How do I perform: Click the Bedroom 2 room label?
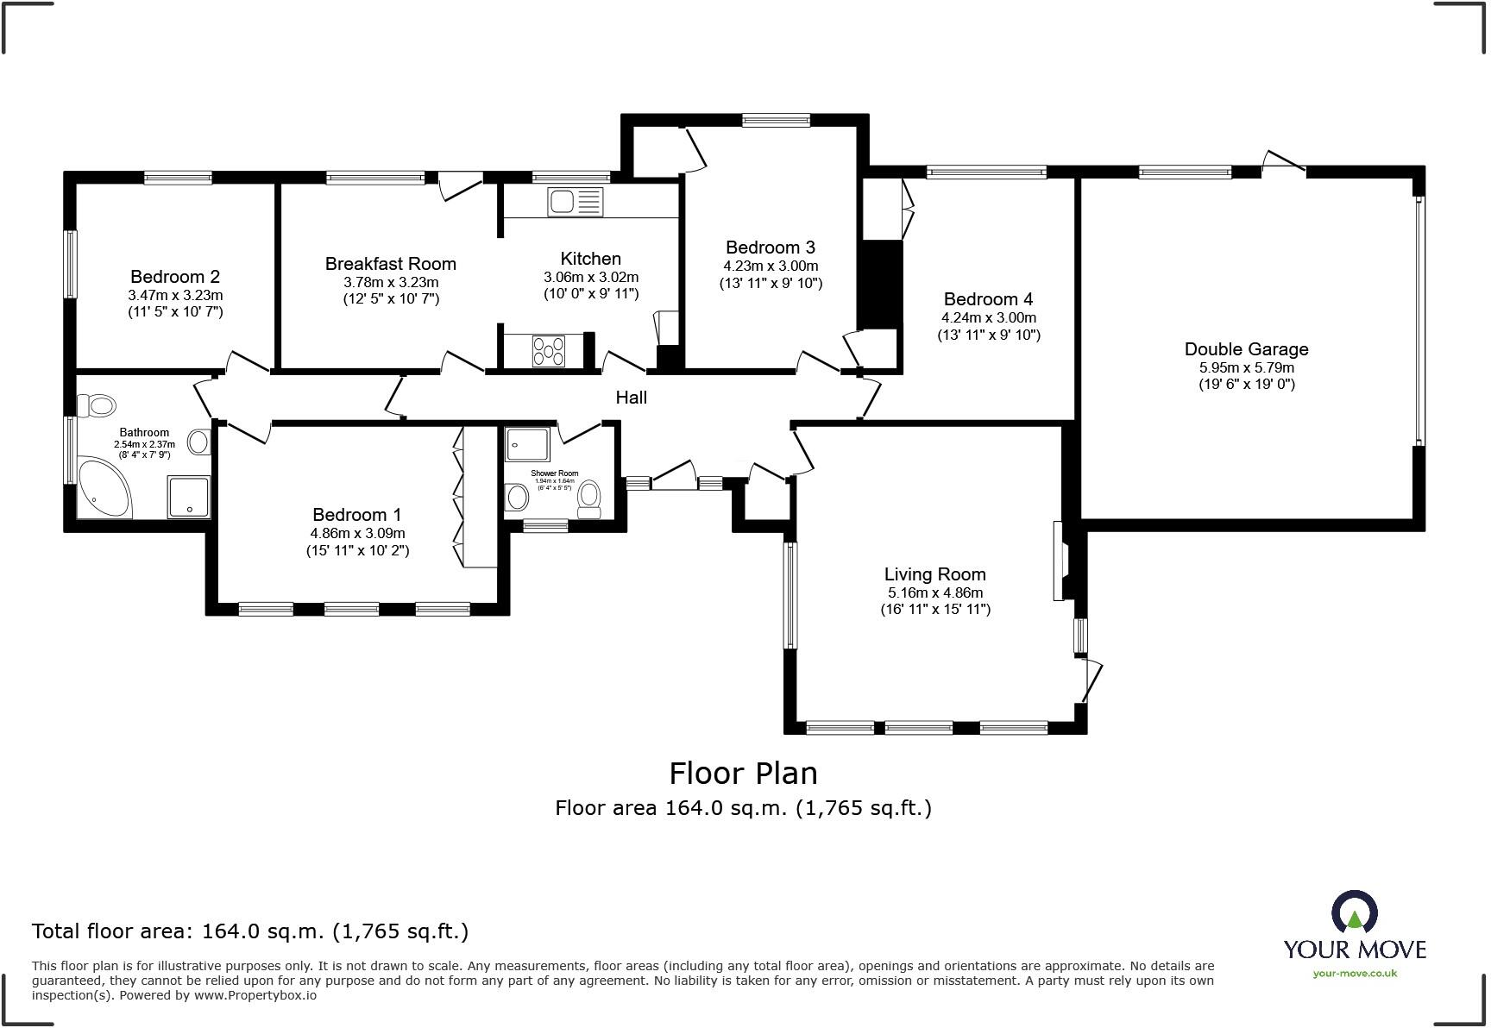click(175, 277)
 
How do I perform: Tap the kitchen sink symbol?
click(575, 203)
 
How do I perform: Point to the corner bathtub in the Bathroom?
click(104, 489)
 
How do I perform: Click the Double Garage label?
click(1246, 349)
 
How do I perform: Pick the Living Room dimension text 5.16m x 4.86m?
click(935, 592)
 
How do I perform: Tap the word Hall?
click(631, 398)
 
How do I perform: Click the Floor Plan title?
click(743, 773)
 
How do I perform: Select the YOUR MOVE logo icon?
click(1354, 912)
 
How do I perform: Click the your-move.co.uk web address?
click(1355, 973)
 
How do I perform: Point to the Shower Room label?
click(555, 473)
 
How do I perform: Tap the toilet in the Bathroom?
click(96, 404)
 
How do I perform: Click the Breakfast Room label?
click(390, 264)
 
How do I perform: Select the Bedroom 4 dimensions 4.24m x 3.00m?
click(989, 317)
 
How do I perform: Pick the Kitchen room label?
click(590, 259)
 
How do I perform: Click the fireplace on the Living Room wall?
click(1060, 561)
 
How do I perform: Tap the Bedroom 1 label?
click(356, 515)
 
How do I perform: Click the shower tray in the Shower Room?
click(527, 444)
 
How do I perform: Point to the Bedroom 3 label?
click(771, 248)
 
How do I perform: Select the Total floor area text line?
click(250, 931)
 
